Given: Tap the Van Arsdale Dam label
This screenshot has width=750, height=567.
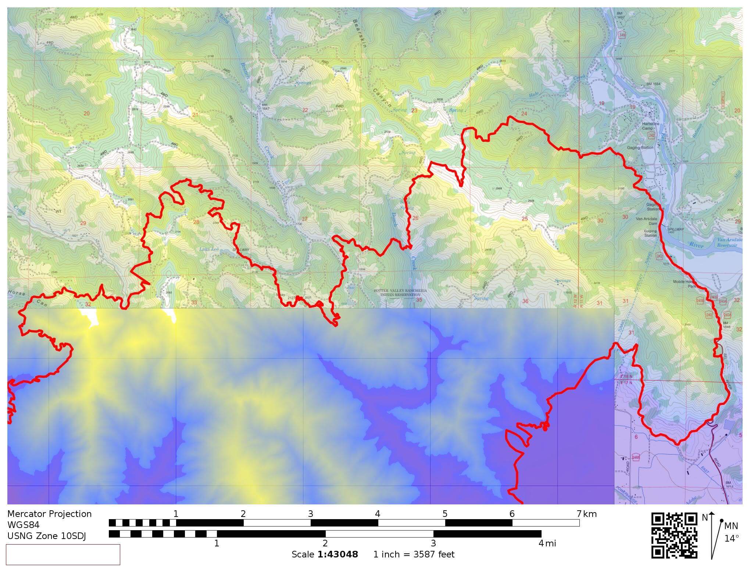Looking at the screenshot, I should (x=647, y=221).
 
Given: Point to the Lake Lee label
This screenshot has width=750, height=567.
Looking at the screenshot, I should (x=209, y=249).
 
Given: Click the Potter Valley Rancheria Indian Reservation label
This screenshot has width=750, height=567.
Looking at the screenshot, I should (x=400, y=292).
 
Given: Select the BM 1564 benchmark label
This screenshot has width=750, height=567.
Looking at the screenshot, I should (x=653, y=84).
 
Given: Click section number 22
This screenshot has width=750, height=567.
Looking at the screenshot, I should (x=305, y=110).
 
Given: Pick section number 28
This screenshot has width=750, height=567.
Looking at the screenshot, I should (x=196, y=222).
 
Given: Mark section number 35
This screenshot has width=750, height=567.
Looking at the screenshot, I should (x=419, y=300).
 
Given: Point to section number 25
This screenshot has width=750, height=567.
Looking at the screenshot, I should (x=525, y=219).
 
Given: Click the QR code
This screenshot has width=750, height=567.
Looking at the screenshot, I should (x=674, y=535).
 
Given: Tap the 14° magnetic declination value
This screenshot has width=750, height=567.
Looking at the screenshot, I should (x=732, y=539).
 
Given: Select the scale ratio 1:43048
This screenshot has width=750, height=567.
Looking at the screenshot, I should (x=337, y=554).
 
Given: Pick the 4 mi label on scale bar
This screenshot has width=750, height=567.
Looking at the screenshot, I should (x=547, y=543).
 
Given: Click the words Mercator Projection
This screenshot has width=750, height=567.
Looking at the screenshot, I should (x=49, y=514).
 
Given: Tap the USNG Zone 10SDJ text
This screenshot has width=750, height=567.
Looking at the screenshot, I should (x=46, y=536).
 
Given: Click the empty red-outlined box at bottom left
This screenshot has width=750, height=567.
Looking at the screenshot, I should (x=63, y=554).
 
